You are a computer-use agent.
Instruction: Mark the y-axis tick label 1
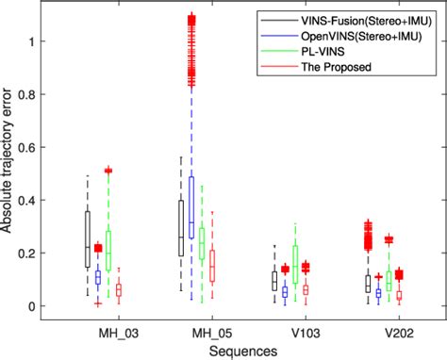click(x=37, y=41)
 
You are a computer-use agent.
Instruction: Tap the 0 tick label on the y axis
click(x=37, y=307)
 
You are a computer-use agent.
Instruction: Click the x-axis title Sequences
click(x=244, y=350)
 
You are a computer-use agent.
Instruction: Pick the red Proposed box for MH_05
click(x=212, y=266)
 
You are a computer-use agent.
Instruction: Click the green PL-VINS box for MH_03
click(x=109, y=250)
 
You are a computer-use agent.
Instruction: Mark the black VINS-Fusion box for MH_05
click(x=181, y=227)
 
